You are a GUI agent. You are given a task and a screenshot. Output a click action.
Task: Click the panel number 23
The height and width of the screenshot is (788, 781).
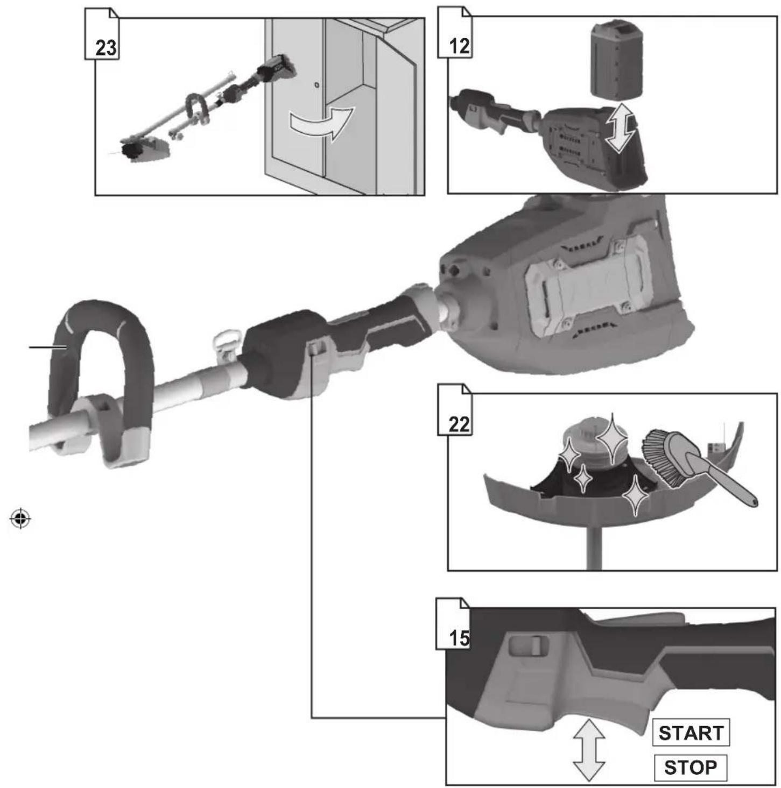pyautogui.click(x=105, y=48)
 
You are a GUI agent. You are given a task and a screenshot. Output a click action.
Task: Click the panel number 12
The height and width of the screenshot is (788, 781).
pyautogui.click(x=459, y=46)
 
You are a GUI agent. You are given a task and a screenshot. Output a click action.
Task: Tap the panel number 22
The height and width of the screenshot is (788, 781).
pyautogui.click(x=459, y=425)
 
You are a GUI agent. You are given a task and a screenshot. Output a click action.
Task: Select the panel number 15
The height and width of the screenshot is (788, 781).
pyautogui.click(x=459, y=638)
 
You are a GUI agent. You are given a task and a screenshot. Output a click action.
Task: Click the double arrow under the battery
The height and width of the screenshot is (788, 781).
pyautogui.click(x=620, y=127)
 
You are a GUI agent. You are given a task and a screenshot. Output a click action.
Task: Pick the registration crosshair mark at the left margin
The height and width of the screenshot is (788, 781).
pyautogui.click(x=20, y=519)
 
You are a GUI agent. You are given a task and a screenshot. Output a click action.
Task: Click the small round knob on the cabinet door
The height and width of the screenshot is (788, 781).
pyautogui.click(x=315, y=84)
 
